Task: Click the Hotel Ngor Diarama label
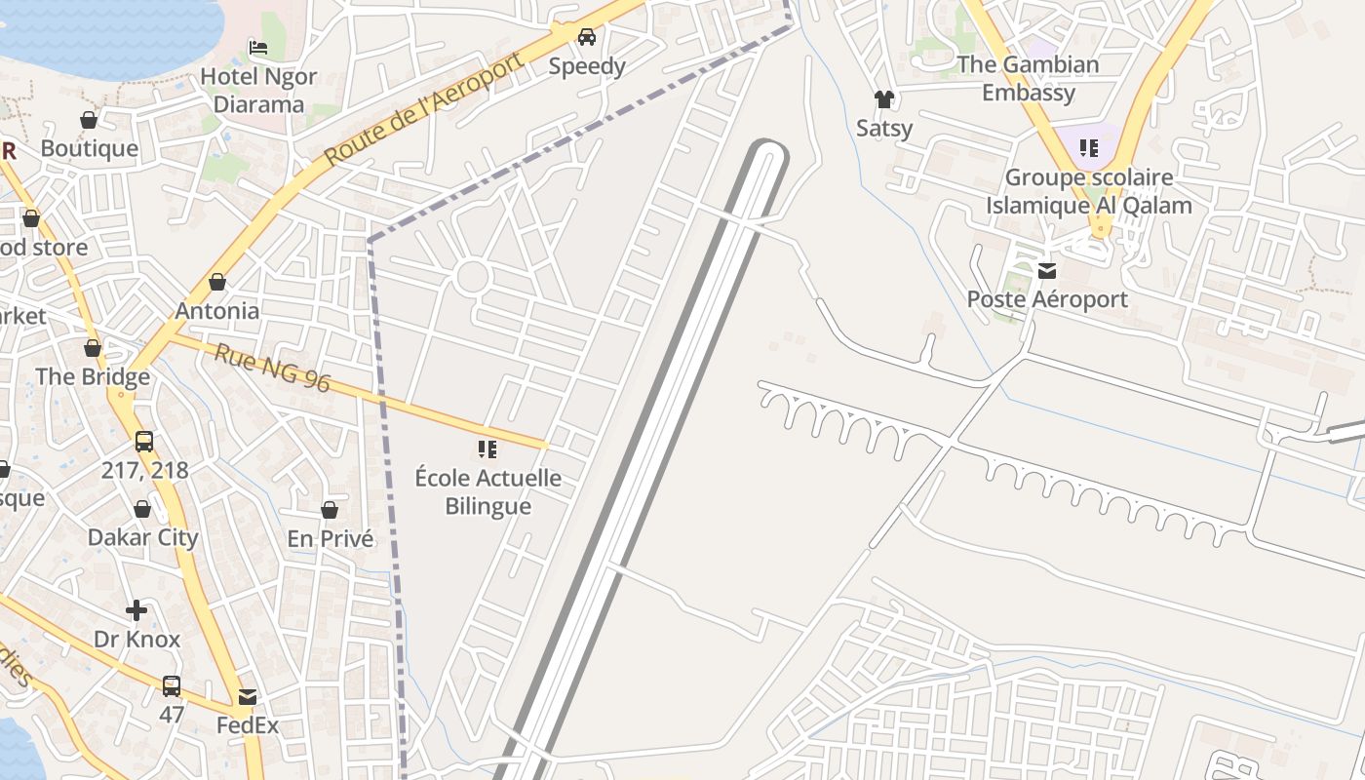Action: point(258,90)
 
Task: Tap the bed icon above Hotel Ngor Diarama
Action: point(258,47)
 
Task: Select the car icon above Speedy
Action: point(586,38)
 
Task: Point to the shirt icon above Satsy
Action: point(883,99)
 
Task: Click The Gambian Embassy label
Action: point(1028,79)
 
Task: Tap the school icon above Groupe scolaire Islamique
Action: point(1088,149)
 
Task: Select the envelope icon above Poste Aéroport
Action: point(1046,270)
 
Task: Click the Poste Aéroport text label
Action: point(1046,299)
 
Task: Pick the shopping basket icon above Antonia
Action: point(217,283)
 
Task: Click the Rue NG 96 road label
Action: point(272,368)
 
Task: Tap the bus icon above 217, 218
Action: point(144,441)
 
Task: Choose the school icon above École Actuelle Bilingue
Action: point(487,449)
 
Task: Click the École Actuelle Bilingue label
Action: point(487,491)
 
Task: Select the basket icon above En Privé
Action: point(330,510)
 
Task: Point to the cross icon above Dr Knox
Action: point(136,610)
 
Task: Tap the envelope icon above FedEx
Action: point(247,697)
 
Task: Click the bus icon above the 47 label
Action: point(171,685)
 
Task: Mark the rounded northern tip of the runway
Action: point(767,152)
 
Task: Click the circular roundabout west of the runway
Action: point(472,277)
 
